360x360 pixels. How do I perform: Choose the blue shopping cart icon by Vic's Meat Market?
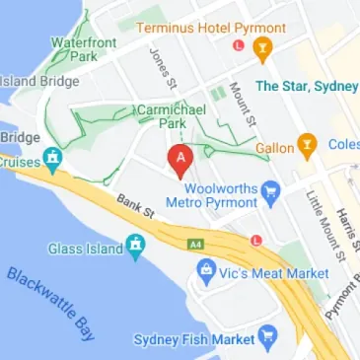pos(206,266)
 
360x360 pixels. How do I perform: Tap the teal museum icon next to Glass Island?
pos(136,245)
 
